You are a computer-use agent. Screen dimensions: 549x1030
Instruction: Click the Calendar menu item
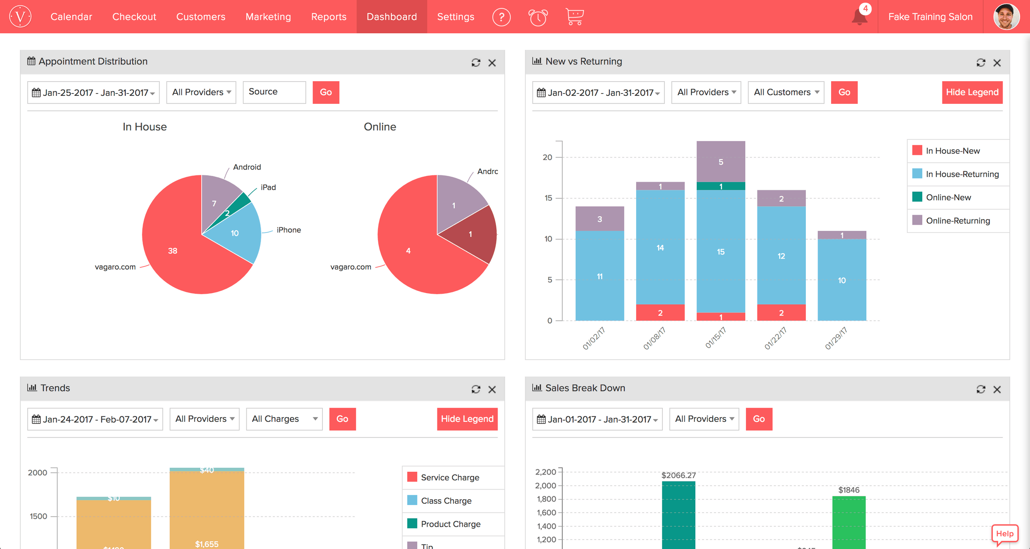coord(71,17)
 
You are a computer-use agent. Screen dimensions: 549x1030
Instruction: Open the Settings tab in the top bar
coord(456,17)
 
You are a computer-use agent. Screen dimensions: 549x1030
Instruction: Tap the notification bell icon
coord(859,17)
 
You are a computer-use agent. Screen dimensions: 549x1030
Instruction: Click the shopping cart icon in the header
coord(574,17)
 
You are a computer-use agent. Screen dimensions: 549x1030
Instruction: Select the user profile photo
coord(1006,17)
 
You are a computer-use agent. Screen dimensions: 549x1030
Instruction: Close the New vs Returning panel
coord(997,63)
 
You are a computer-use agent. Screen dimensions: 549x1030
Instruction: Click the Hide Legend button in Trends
coord(467,419)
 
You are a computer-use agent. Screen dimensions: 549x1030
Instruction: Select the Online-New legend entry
coord(948,197)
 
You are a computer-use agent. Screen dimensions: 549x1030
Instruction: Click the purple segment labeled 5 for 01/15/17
coord(721,162)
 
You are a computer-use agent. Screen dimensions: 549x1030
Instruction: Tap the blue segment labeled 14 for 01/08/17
coord(660,248)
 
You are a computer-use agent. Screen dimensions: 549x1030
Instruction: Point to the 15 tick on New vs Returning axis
coord(548,198)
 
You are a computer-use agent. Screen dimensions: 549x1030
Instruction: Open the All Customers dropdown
coord(786,92)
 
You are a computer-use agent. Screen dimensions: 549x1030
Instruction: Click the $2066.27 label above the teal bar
coord(679,475)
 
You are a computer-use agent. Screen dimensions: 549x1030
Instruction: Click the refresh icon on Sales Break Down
coord(980,389)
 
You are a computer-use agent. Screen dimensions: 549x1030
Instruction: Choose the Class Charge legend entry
coord(446,501)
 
